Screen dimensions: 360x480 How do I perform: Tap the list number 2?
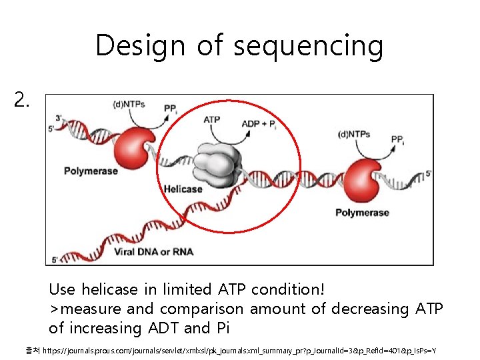[x=22, y=100]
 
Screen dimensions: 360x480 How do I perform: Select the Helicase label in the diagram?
[x=183, y=189]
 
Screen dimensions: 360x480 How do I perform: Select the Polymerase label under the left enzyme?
[x=92, y=171]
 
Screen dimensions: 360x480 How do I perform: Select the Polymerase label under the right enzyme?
[x=362, y=213]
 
